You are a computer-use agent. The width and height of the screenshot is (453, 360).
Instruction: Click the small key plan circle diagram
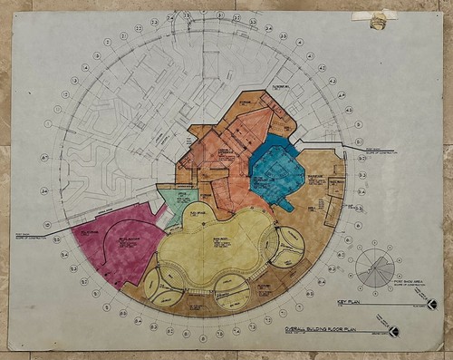373,268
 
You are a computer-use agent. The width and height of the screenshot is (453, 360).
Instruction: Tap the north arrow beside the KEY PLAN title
431,304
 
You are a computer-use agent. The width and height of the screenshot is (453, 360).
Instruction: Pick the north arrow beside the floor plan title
392,331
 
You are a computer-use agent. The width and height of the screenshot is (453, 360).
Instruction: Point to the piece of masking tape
378,19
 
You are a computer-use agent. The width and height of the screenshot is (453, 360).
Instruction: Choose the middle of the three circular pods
232,289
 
